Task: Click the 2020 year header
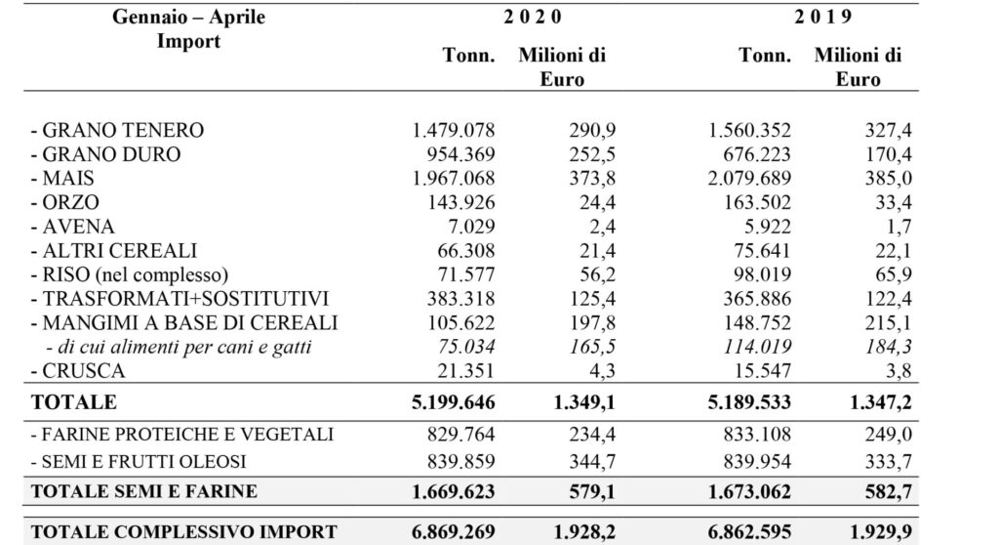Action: (x=533, y=17)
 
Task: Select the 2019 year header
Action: (x=822, y=17)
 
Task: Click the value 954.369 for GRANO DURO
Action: (x=460, y=154)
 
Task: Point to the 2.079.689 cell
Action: (x=749, y=179)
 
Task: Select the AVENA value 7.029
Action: (x=472, y=227)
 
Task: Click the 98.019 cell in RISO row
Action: (x=762, y=275)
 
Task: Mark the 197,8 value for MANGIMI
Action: (x=592, y=323)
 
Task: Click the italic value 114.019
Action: (x=757, y=347)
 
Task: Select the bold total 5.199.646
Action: (x=454, y=402)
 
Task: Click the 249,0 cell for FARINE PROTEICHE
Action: (x=888, y=435)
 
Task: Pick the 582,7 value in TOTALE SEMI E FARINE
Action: (x=888, y=492)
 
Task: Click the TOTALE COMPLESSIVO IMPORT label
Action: (x=184, y=531)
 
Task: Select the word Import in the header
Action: (x=188, y=41)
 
